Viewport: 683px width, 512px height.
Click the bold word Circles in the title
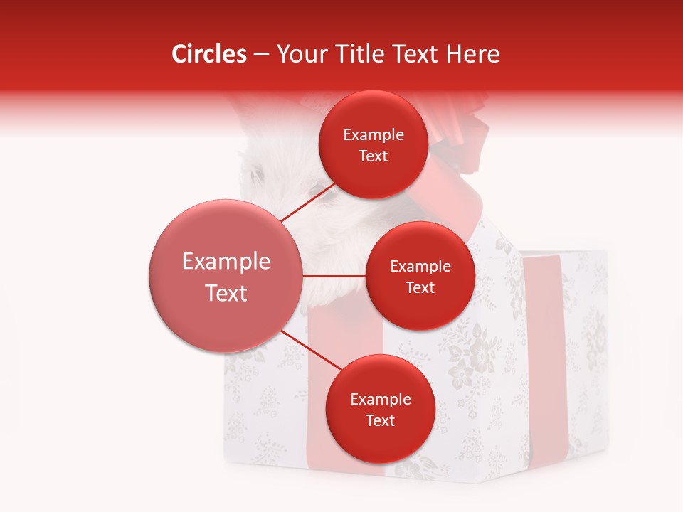coord(208,54)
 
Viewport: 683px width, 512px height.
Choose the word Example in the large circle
coord(226,262)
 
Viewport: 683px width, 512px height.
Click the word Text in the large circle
coord(226,293)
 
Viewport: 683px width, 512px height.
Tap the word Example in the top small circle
coord(374,135)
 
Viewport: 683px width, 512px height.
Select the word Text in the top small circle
coord(374,156)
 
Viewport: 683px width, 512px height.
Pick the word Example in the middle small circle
coord(420,267)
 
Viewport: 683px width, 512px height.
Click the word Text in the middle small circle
coord(420,288)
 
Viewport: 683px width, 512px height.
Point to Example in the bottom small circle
coord(381,400)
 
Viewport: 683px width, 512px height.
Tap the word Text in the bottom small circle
coord(381,421)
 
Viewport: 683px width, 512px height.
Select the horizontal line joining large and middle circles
coord(334,276)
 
